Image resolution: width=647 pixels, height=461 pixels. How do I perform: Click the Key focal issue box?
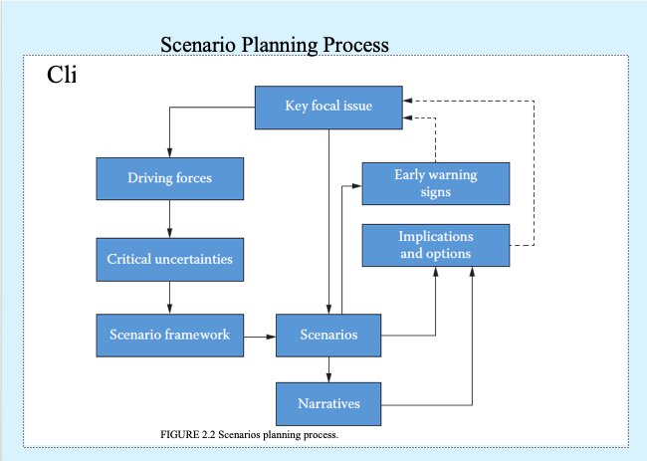(328, 107)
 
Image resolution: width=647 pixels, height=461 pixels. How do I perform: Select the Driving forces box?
(169, 179)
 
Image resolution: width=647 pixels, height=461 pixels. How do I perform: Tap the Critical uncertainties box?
(169, 259)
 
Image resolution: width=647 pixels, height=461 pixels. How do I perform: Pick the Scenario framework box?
(169, 335)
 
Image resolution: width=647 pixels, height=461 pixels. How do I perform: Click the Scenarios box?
(328, 335)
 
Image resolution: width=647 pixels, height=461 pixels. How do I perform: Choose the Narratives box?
(328, 404)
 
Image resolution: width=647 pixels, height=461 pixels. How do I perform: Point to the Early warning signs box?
(436, 183)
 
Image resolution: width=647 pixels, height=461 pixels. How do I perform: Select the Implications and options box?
(436, 245)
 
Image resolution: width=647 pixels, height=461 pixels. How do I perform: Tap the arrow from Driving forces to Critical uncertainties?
(169, 219)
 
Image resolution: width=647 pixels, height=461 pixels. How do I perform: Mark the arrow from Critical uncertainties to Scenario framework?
(169, 297)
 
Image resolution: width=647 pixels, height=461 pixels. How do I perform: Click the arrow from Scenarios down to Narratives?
(328, 369)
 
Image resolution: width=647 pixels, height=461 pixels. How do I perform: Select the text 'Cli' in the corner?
(62, 75)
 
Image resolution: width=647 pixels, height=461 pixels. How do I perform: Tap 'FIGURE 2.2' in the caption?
(187, 435)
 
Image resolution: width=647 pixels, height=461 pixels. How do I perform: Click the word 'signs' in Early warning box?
(436, 192)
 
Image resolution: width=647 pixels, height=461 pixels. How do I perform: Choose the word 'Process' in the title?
(356, 45)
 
